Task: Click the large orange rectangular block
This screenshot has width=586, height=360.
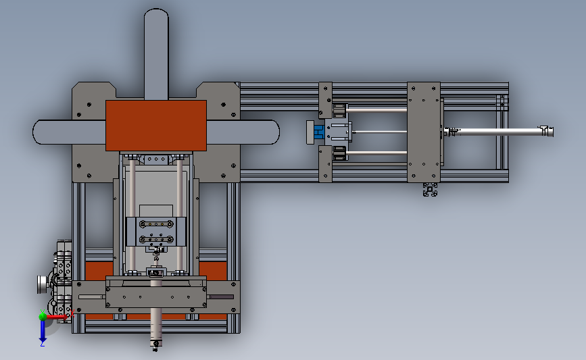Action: point(156,126)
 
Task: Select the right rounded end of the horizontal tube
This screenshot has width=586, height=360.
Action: point(274,132)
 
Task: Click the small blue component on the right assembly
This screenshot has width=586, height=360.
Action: point(319,132)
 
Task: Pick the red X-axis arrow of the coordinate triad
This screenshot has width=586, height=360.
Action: point(57,317)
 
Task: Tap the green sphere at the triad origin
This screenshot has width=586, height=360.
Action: point(43,317)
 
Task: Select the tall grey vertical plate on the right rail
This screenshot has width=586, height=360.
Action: point(423,132)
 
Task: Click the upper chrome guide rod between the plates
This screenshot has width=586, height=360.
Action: point(376,110)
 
